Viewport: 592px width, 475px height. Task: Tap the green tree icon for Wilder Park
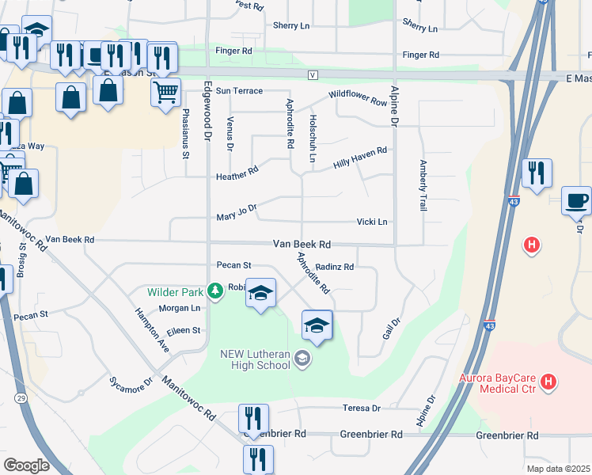point(213,291)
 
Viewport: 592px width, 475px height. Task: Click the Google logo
point(26,465)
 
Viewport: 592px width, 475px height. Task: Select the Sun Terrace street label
point(238,91)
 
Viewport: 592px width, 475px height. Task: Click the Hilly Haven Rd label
point(360,155)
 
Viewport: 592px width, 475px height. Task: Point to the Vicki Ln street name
point(372,222)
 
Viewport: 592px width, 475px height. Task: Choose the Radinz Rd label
point(335,267)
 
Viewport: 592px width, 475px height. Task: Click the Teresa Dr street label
point(362,408)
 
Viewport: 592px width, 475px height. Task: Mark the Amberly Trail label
point(423,186)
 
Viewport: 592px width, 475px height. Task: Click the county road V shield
point(313,75)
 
